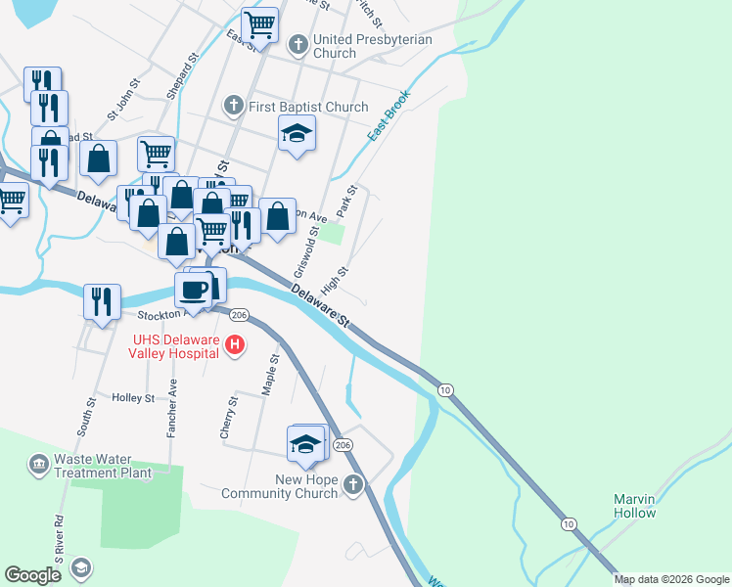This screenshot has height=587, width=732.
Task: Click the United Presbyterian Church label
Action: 335,46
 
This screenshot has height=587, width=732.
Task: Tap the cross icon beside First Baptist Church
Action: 233,104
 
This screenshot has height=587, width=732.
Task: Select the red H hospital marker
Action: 235,345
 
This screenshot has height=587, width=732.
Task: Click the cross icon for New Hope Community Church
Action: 353,484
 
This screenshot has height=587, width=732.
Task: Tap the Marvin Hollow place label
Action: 634,506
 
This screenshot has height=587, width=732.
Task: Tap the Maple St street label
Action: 270,375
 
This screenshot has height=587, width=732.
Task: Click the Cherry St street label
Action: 233,414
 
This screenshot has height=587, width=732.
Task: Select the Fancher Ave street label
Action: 172,406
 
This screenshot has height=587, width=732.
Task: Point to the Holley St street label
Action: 133,398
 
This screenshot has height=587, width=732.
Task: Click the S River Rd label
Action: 60,540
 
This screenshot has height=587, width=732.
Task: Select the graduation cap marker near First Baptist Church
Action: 297,133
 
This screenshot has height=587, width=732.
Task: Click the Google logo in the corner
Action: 33,575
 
